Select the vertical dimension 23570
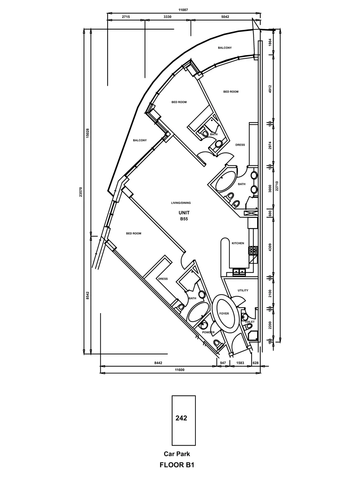pos(81,191)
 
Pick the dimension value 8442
pos(159,363)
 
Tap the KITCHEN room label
pos(238,243)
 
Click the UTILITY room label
pos(243,290)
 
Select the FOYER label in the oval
pos(224,313)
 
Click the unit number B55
pos(184,219)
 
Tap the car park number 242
pos(181,418)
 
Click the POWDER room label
pos(208,332)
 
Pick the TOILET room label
pos(249,322)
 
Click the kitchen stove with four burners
pos(253,250)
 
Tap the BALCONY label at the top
pos(225,48)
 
